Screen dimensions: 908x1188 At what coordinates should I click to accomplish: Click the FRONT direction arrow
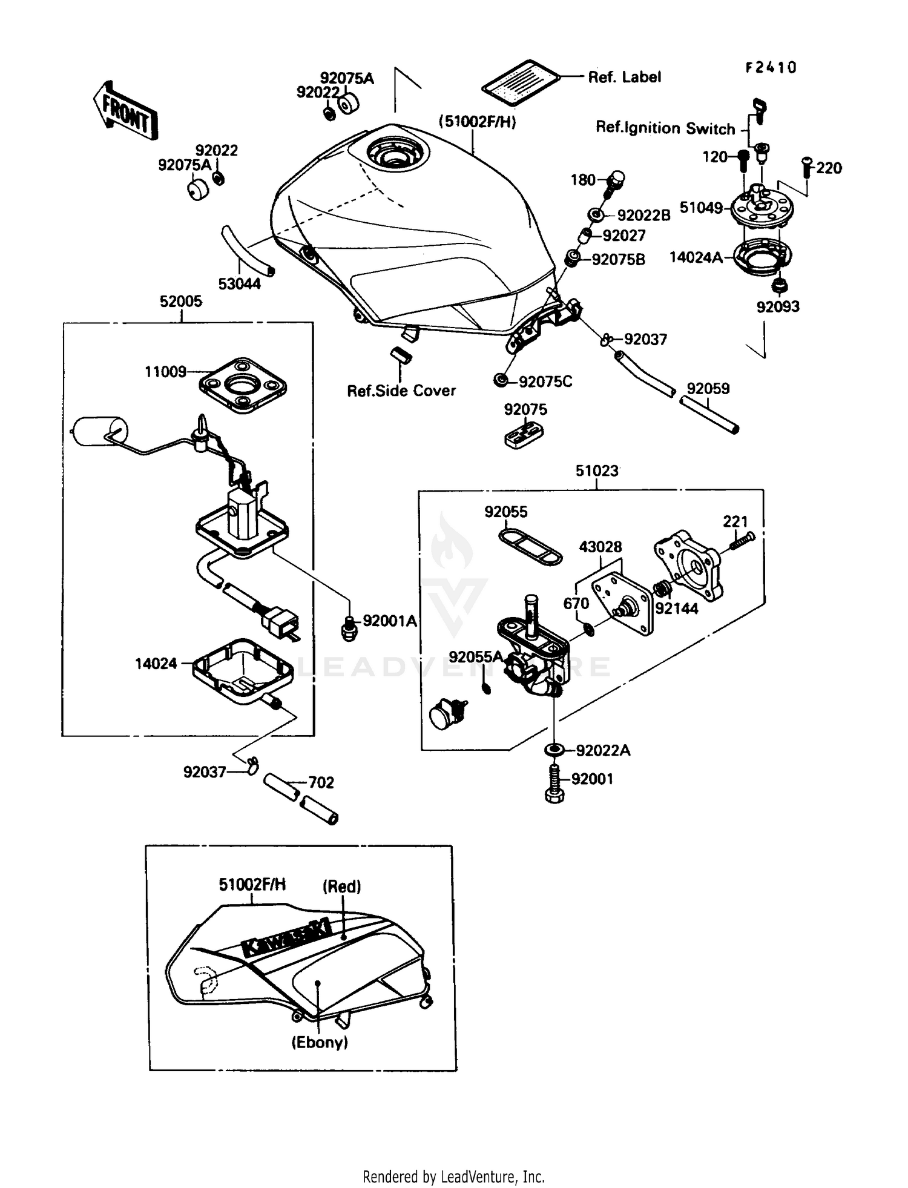pyautogui.click(x=125, y=111)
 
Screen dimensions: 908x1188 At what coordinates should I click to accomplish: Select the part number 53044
pyautogui.click(x=239, y=283)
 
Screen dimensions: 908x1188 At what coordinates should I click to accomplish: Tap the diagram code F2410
pyautogui.click(x=771, y=67)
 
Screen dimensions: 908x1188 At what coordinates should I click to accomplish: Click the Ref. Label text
pyautogui.click(x=624, y=77)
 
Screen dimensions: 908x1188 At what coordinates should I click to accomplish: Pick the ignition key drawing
pyautogui.click(x=759, y=111)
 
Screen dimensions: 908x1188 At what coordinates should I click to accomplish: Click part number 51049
pyautogui.click(x=701, y=208)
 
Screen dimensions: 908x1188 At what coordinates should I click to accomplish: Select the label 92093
pyautogui.click(x=778, y=306)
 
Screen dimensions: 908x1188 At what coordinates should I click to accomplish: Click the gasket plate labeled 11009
pyautogui.click(x=243, y=386)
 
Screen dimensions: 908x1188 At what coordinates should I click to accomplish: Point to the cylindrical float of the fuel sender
pyautogui.click(x=99, y=431)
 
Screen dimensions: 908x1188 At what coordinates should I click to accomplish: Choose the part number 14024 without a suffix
pyautogui.click(x=156, y=664)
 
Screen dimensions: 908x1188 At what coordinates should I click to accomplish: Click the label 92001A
pyautogui.click(x=390, y=621)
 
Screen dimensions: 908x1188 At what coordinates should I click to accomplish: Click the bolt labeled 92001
pyautogui.click(x=554, y=784)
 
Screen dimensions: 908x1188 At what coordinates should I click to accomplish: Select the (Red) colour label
pyautogui.click(x=341, y=886)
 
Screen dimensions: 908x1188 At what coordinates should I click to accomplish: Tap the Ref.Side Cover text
pyautogui.click(x=401, y=391)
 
